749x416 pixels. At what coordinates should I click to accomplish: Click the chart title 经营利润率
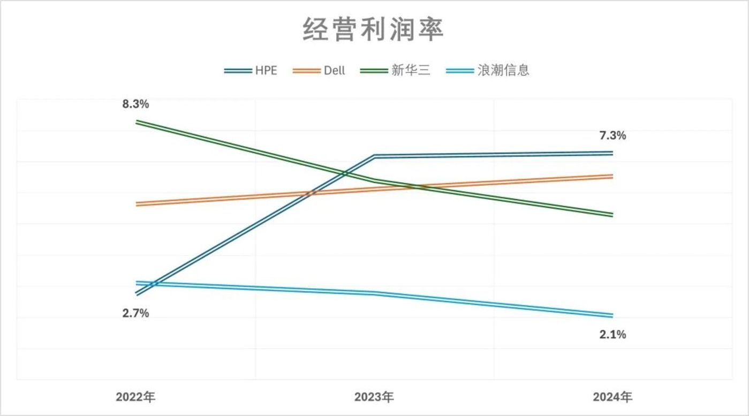[x=374, y=29]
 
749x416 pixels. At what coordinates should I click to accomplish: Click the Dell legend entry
[x=320, y=71]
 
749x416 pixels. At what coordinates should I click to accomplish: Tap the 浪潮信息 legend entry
[x=487, y=71]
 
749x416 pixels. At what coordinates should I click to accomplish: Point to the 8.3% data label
[x=135, y=104]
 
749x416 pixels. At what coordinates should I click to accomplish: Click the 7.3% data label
[x=612, y=136]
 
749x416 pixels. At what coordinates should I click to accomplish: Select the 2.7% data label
[x=135, y=314]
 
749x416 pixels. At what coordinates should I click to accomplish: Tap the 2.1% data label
[x=612, y=335]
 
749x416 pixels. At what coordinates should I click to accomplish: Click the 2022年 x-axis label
[x=135, y=397]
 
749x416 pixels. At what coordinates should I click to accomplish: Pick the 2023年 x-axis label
[x=374, y=397]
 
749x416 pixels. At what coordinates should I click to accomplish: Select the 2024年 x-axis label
[x=612, y=397]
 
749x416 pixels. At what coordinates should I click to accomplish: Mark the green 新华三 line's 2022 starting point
[x=137, y=122]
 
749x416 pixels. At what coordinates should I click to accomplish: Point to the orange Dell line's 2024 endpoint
[x=612, y=176]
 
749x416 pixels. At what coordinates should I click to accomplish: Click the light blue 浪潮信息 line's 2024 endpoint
[x=612, y=315]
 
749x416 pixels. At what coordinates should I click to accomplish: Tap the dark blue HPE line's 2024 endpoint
[x=612, y=153]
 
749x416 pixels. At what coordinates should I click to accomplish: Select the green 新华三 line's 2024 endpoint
[x=612, y=215]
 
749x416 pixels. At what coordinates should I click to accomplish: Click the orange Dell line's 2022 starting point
[x=137, y=204]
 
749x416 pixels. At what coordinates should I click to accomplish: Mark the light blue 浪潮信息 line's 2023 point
[x=374, y=293]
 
